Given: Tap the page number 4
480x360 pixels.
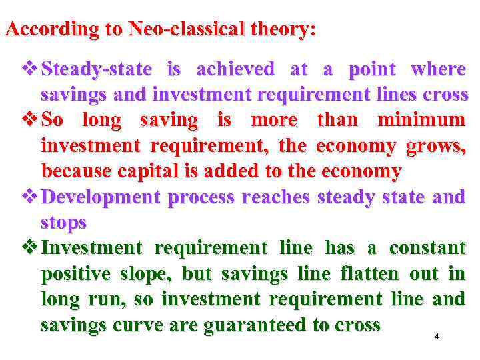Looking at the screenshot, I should (437, 336).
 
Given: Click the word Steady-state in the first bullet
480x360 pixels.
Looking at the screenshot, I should (96, 69).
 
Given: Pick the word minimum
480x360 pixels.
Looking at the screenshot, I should (421, 121).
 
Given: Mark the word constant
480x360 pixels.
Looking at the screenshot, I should (427, 249).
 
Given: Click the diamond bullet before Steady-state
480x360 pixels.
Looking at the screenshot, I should (31, 69).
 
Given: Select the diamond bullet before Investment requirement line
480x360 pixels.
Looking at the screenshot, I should (31, 249).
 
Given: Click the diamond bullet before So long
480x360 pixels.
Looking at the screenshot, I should (31, 121).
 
